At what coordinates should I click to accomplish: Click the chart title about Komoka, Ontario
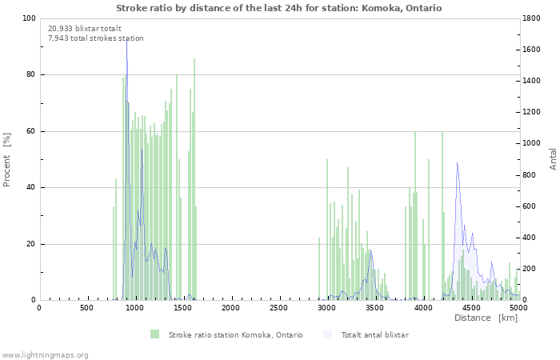(278, 8)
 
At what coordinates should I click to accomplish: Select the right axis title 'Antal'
(554, 158)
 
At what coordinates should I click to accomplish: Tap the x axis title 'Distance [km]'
(486, 318)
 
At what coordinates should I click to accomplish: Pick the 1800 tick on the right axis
(533, 18)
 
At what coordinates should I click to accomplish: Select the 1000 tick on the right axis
(533, 144)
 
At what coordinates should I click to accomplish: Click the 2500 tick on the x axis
(279, 308)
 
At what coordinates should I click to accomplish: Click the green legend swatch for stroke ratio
(154, 334)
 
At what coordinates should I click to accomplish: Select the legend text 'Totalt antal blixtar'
(374, 335)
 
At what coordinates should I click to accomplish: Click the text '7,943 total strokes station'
(96, 38)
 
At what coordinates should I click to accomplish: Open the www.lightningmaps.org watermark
(45, 354)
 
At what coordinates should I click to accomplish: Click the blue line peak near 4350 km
(457, 163)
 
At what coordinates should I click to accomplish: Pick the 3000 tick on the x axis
(327, 308)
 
